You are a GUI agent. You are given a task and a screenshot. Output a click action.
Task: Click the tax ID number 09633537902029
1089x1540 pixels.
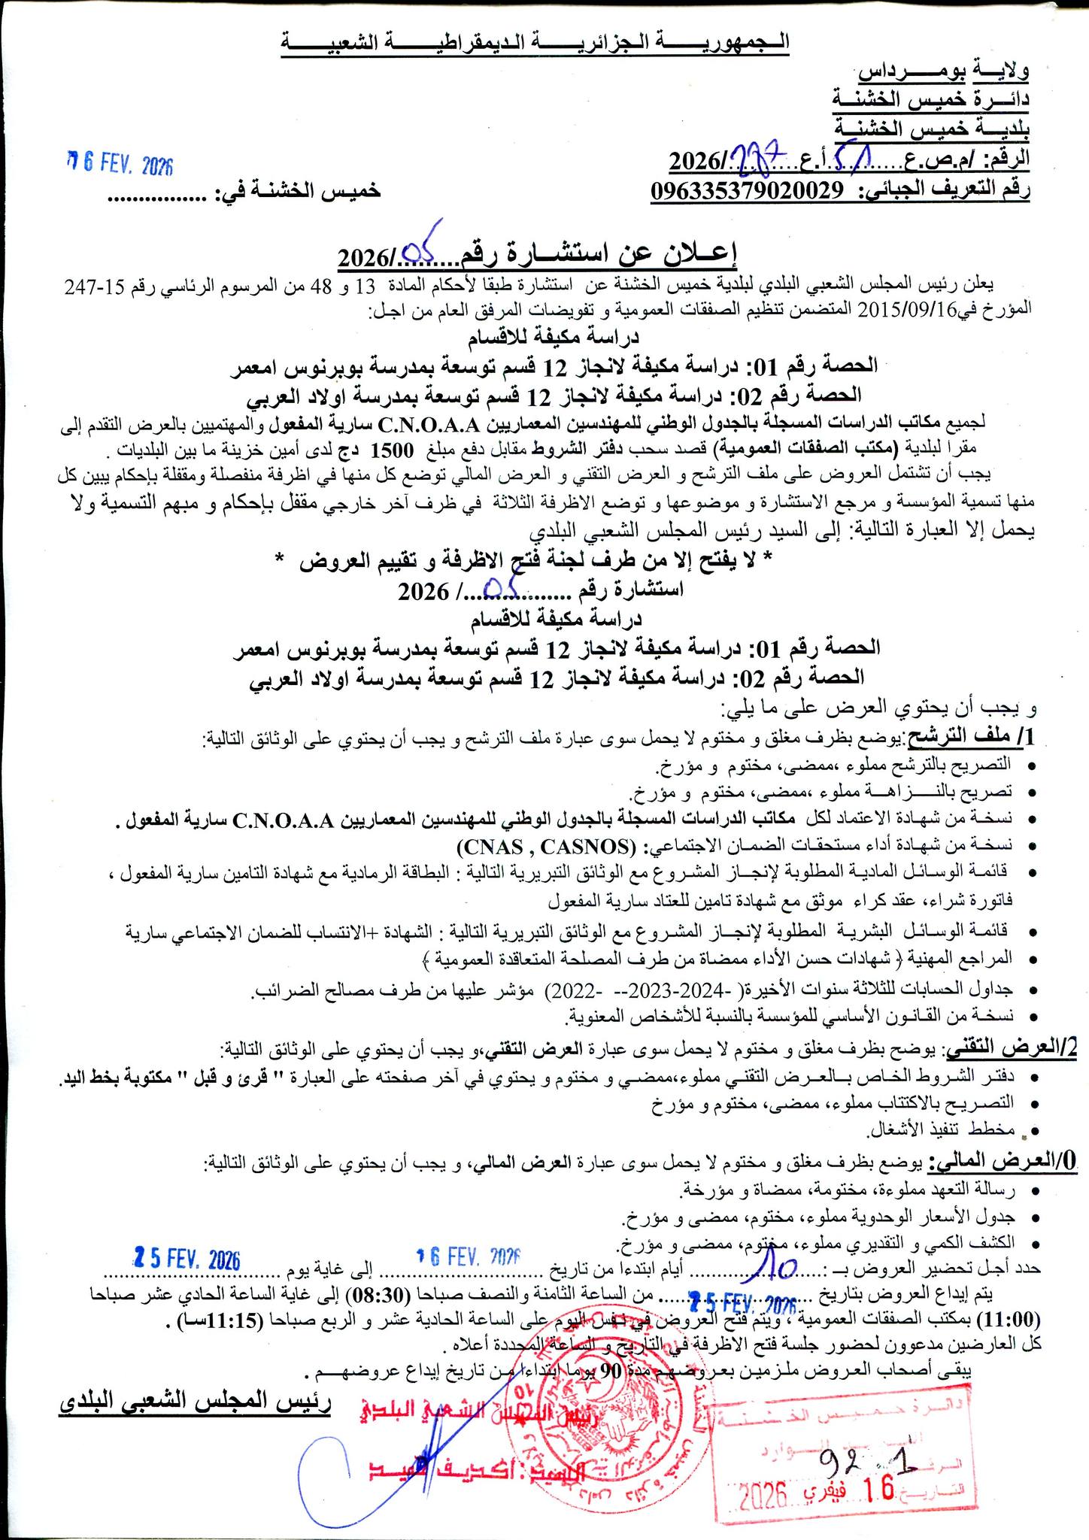[x=745, y=190]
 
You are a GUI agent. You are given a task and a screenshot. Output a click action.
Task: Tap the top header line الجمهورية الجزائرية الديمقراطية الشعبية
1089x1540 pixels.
[x=535, y=42]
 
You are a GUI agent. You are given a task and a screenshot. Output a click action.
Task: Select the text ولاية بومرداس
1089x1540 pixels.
[x=945, y=72]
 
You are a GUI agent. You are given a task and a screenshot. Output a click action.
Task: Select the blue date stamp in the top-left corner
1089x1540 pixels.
[x=120, y=164]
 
